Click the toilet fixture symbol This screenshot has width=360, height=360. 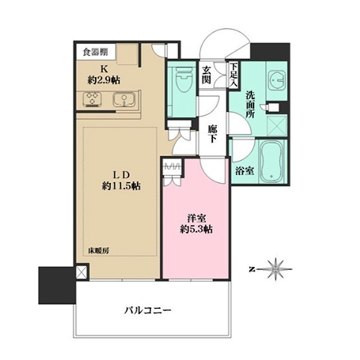pyautogui.click(x=184, y=78)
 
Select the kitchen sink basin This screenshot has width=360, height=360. pyautogui.click(x=124, y=99)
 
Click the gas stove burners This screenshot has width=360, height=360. pyautogui.click(x=92, y=99)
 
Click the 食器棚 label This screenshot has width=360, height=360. pyautogui.click(x=95, y=52)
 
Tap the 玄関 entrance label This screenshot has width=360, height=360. pyautogui.click(x=206, y=75)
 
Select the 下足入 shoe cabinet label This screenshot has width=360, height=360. pyautogui.click(x=233, y=75)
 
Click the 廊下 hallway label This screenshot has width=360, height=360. pyautogui.click(x=212, y=134)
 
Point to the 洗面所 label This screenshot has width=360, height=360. pyautogui.click(x=250, y=104)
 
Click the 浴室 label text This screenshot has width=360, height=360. pyautogui.click(x=245, y=171)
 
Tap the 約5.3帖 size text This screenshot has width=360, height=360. pyautogui.click(x=197, y=230)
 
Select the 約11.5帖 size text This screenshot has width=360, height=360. pyautogui.click(x=122, y=186)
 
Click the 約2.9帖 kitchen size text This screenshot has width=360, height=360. pyautogui.click(x=104, y=80)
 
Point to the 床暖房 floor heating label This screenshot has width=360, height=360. pyautogui.click(x=99, y=251)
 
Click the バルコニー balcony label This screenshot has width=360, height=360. pyautogui.click(x=148, y=310)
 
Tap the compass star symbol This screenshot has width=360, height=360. pyautogui.click(x=276, y=269)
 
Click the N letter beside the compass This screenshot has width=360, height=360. pyautogui.click(x=251, y=269)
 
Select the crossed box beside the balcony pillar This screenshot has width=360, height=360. pyautogui.click(x=81, y=271)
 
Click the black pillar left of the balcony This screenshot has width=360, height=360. pyautogui.click(x=57, y=285)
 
